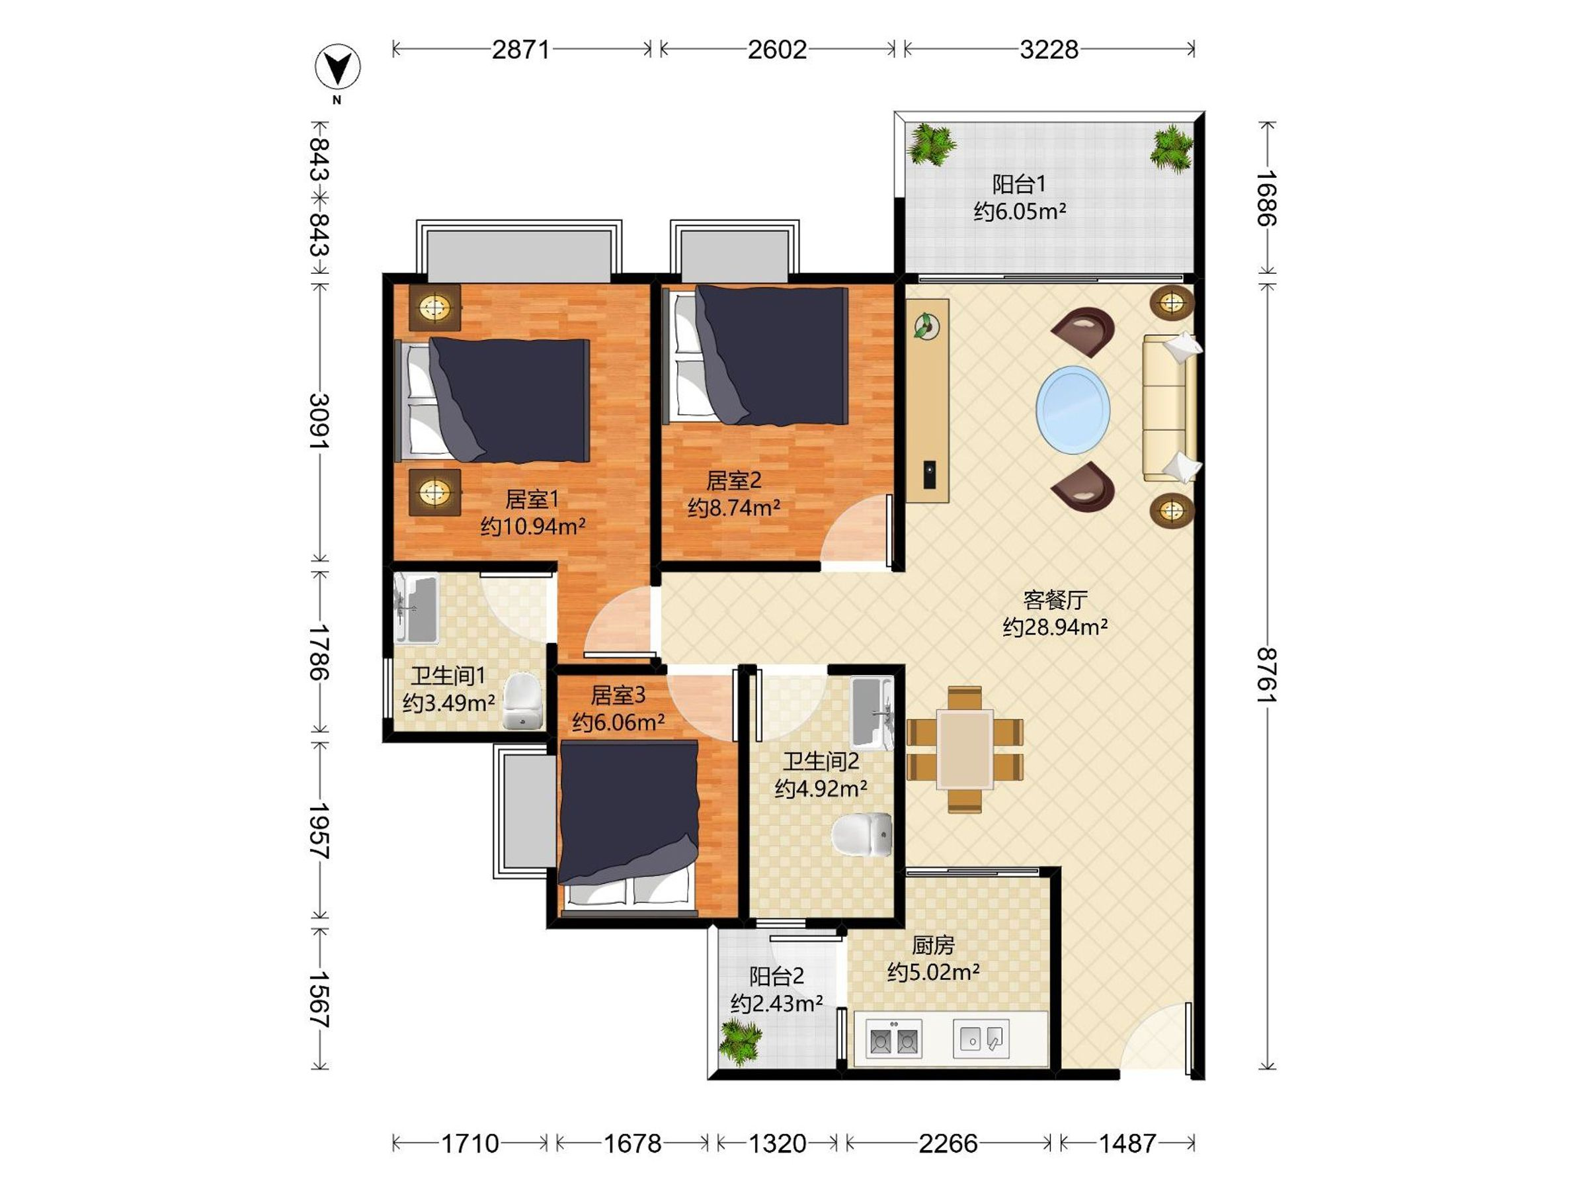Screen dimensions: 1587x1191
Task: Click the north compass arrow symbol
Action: (338, 67)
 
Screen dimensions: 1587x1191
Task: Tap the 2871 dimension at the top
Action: (521, 50)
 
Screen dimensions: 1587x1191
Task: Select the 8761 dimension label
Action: (1267, 676)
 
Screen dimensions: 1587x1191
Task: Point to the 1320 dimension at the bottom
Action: (777, 1143)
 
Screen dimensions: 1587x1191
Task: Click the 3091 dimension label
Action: (319, 422)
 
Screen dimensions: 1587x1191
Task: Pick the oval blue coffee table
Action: (1073, 410)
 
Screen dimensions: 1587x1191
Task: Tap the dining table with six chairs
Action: (965, 750)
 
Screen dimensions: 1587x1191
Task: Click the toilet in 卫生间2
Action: (862, 835)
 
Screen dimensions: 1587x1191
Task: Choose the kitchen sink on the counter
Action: (981, 1039)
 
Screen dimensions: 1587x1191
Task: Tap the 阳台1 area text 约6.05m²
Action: (1020, 212)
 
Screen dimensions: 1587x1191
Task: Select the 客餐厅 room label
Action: (1055, 599)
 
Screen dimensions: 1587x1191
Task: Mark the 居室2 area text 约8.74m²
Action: (734, 508)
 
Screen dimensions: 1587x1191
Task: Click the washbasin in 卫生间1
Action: (415, 608)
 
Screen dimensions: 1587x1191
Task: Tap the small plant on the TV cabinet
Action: (927, 326)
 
